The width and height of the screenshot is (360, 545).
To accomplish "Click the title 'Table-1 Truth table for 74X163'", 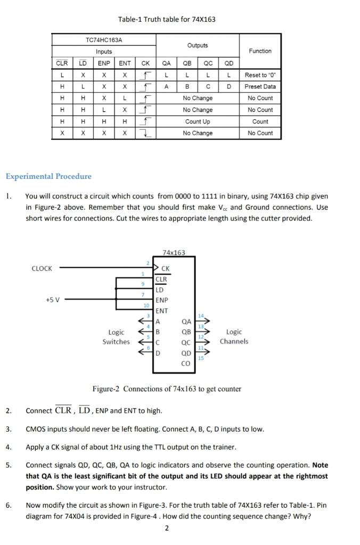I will pyautogui.click(x=167, y=20).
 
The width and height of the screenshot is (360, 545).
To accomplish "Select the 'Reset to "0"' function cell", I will pyautogui.click(x=260, y=75).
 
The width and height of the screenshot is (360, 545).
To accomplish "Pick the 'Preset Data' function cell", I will pyautogui.click(x=260, y=87).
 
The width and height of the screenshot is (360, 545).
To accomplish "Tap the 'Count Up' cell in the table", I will pyautogui.click(x=197, y=121).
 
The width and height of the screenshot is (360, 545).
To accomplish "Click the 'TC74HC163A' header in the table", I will pyautogui.click(x=104, y=40).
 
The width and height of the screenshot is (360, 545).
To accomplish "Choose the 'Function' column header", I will pyautogui.click(x=260, y=51).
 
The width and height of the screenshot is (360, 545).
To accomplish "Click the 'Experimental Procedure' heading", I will pyautogui.click(x=48, y=176).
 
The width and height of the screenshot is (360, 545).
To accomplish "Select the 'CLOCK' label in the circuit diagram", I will pyautogui.click(x=42, y=269).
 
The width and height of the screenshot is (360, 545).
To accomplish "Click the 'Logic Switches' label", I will pyautogui.click(x=116, y=337).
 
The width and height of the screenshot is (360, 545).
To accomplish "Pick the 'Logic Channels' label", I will pyautogui.click(x=234, y=336).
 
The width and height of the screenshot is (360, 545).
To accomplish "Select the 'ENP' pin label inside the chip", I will pyautogui.click(x=162, y=300).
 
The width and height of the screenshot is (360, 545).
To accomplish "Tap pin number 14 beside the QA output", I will pyautogui.click(x=201, y=316).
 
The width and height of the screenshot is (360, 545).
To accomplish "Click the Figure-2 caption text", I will pyautogui.click(x=167, y=389).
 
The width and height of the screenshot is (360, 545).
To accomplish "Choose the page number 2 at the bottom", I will pyautogui.click(x=167, y=528).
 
